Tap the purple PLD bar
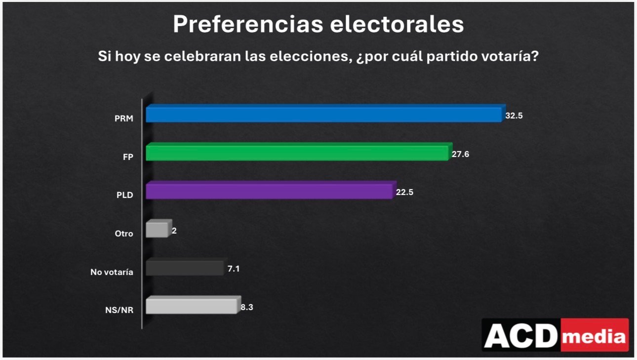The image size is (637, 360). click(x=270, y=191)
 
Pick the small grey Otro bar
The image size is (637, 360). click(x=158, y=230)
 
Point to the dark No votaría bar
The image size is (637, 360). click(x=185, y=268)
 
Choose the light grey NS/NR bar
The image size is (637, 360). click(x=192, y=306)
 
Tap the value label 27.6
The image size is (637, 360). click(x=460, y=154)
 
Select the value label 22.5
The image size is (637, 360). click(x=404, y=192)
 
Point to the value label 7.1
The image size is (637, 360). click(x=234, y=269)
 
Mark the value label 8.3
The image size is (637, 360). click(x=248, y=307)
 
